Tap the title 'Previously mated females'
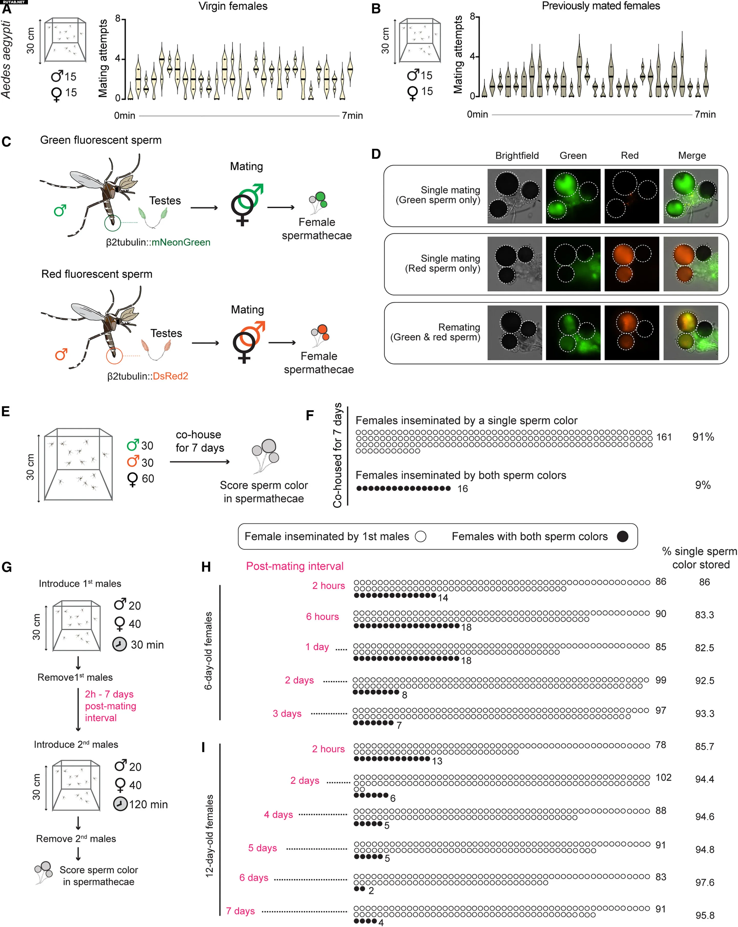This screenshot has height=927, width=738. coord(600,6)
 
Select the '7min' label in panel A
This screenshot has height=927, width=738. coord(352,116)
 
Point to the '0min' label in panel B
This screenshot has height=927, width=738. coord(477,114)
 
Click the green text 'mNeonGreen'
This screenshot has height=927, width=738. coord(181,243)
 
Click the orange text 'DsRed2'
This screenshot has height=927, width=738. coord(171,376)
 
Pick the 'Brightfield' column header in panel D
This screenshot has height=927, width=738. coord(517,156)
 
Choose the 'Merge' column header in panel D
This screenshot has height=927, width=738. coord(692,156)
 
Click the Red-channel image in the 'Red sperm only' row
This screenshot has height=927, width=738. coord(631,264)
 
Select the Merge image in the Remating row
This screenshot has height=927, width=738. coord(690,333)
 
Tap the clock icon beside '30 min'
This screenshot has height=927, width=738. coord(119,644)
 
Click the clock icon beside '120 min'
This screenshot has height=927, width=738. coord(120,804)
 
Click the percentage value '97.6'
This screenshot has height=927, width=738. coord(704,883)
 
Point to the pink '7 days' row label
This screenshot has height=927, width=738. coord(240,911)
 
